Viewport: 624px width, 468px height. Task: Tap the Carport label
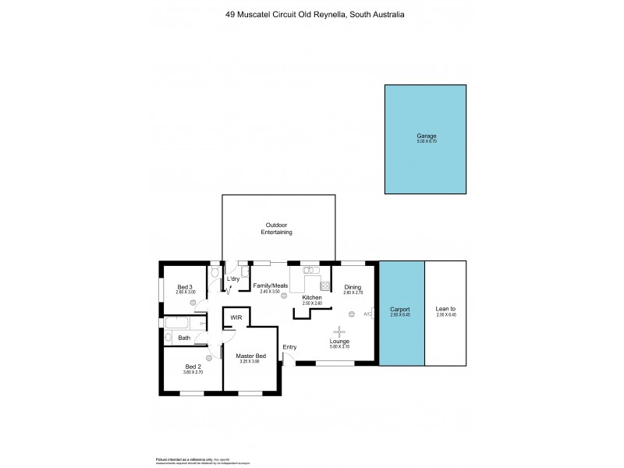click(399, 310)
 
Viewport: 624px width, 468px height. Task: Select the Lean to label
click(445, 310)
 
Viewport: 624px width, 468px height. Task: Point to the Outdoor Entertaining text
click(276, 228)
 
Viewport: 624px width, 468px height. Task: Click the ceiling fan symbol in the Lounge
click(339, 329)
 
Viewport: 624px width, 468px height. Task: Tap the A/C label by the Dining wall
click(368, 314)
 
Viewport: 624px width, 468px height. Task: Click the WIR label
click(236, 318)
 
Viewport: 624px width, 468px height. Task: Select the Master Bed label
click(250, 356)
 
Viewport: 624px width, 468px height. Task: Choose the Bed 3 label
click(184, 287)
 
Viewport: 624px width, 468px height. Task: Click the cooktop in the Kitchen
click(324, 285)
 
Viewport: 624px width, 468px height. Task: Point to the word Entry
click(289, 347)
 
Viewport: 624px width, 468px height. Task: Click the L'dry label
click(232, 278)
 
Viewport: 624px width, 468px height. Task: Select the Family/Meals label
click(271, 285)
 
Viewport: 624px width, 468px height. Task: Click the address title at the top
click(311, 14)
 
